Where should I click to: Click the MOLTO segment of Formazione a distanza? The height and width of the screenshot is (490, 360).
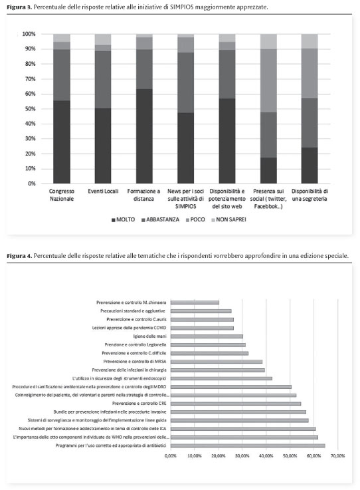[x=144, y=136]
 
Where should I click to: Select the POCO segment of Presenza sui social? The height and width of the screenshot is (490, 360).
[x=268, y=80]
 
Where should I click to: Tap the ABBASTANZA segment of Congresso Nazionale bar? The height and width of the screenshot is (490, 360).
[x=62, y=75]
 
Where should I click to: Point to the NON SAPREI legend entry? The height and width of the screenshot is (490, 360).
[x=229, y=219]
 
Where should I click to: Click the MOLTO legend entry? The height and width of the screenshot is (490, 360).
[x=124, y=219]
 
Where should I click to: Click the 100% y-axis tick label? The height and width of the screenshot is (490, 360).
[x=29, y=34]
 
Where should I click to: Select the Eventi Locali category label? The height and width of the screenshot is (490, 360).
[x=103, y=191]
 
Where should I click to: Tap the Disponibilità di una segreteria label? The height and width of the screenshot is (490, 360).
[x=310, y=195]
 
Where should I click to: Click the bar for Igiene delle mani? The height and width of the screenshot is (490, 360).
[x=207, y=336]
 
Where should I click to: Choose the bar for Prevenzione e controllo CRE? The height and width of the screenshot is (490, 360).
[x=236, y=404]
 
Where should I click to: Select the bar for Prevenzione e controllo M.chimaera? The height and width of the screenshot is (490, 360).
[x=195, y=303]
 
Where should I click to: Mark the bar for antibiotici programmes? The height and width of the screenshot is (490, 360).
[x=248, y=445]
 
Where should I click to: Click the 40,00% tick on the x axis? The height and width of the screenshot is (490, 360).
[x=266, y=456]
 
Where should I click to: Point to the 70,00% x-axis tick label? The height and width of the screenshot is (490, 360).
[x=338, y=456]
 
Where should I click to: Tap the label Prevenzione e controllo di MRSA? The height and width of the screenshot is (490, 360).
[x=135, y=362]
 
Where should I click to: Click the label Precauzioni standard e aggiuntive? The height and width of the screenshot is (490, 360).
[x=133, y=311]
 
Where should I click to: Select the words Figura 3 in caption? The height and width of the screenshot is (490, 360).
[x=19, y=7]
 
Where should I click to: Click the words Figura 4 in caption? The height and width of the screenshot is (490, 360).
[x=19, y=256]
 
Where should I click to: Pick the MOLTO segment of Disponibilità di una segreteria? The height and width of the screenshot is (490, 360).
[x=310, y=166]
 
